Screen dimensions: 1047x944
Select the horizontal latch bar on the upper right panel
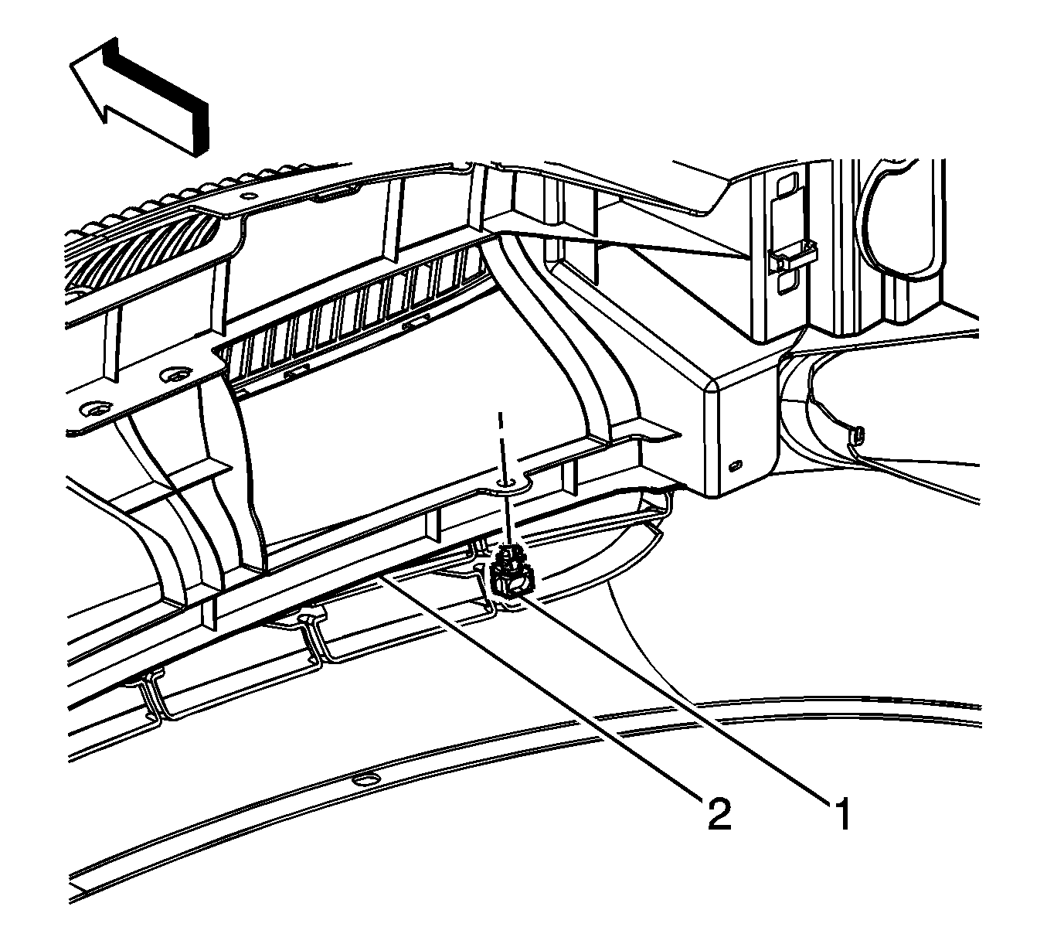pyautogui.click(x=792, y=254)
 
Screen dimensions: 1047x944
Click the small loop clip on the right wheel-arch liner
pyautogui.click(x=859, y=434)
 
